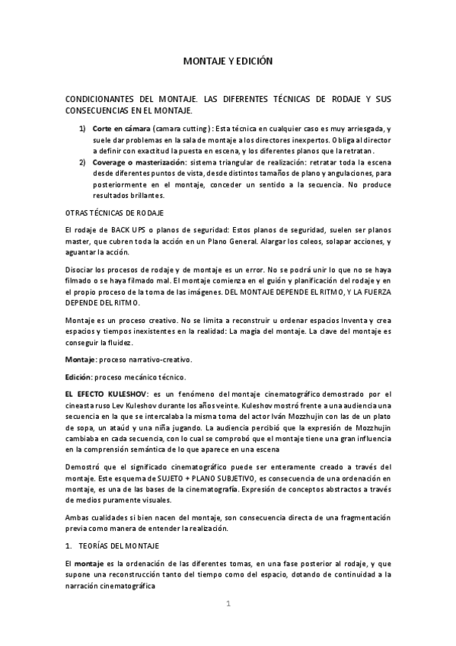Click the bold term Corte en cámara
[120, 129]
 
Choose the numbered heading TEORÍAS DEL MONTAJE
[129, 546]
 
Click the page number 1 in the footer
[228, 603]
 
